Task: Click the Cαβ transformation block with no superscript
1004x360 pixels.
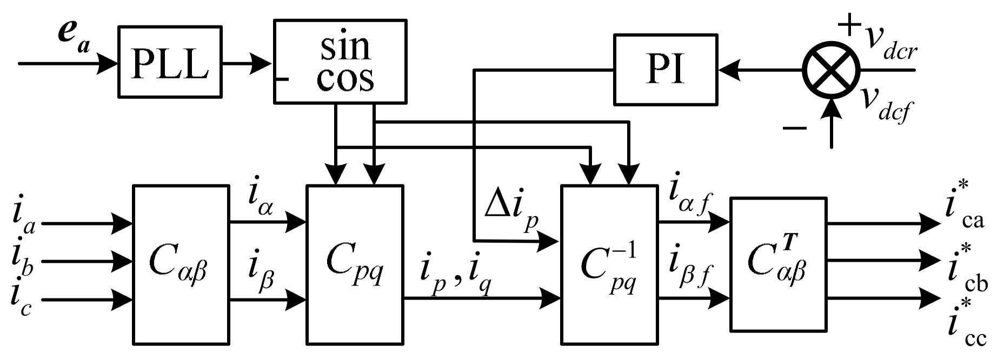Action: [181, 265]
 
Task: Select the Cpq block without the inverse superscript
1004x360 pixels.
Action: [355, 265]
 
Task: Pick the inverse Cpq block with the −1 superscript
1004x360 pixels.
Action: [608, 265]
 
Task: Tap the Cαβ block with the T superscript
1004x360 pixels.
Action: [778, 265]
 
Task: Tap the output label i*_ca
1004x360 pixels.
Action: [965, 208]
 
